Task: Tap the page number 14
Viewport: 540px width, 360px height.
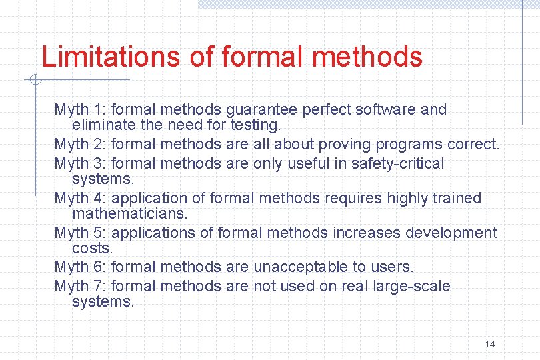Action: [490, 344]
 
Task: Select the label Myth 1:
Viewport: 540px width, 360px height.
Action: [81, 109]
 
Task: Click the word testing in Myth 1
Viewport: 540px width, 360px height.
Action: [255, 125]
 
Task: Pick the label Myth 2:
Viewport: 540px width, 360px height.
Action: [81, 144]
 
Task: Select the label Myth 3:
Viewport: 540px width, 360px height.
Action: [81, 163]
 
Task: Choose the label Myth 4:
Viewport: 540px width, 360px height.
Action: [81, 198]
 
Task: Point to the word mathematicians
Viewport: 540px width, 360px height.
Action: [130, 213]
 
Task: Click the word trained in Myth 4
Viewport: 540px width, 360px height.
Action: [455, 198]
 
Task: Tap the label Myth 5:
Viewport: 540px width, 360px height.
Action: [81, 233]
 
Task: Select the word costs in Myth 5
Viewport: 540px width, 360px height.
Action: [91, 247]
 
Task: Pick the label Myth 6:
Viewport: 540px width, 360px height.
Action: [81, 267]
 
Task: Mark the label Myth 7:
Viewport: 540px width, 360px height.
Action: [81, 287]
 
